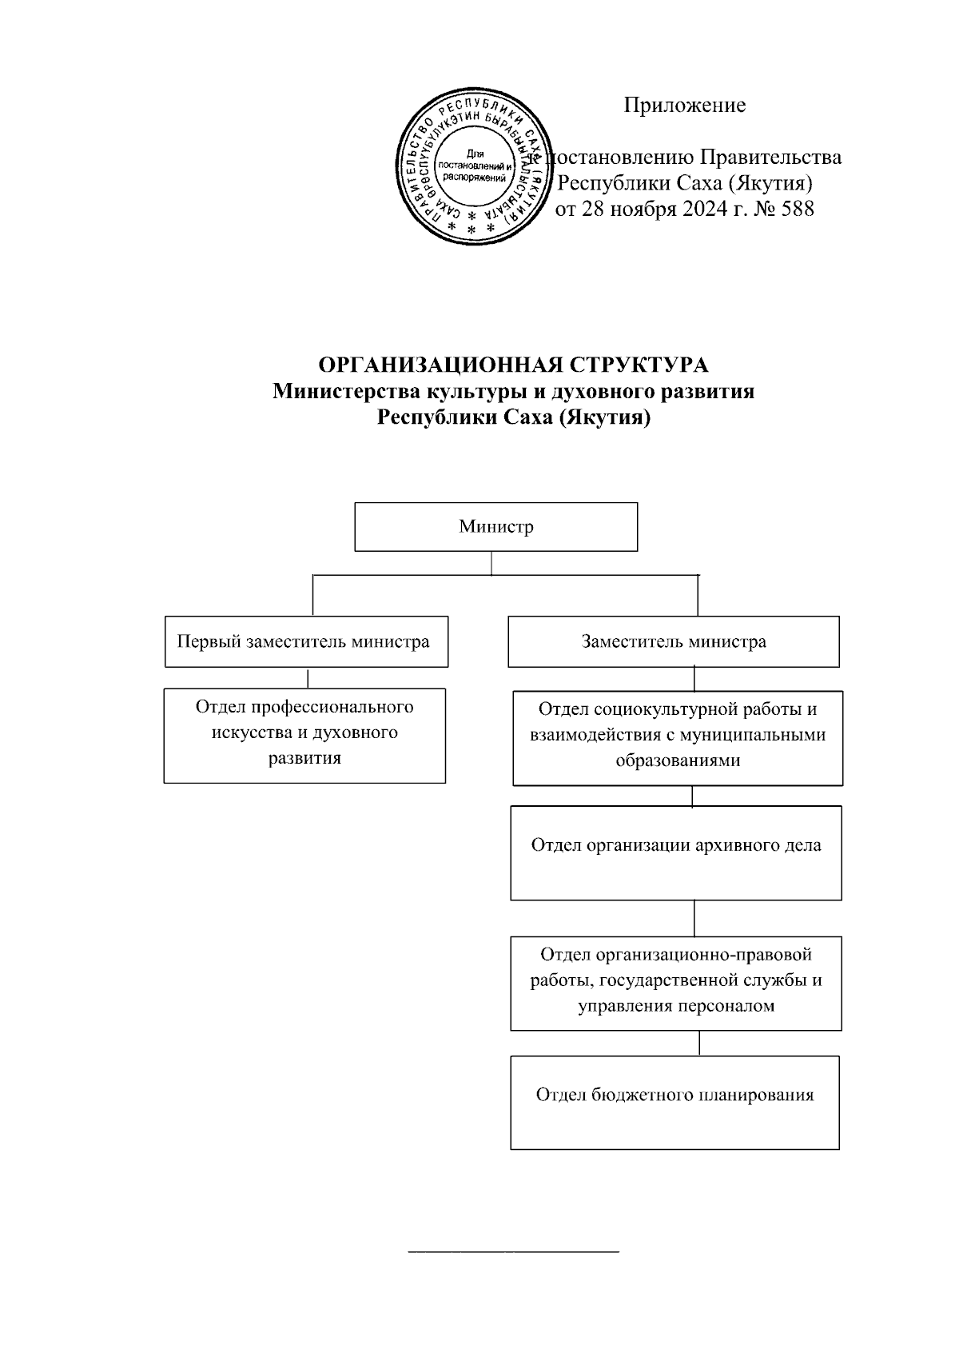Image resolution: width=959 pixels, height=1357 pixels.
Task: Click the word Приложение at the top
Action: [x=684, y=105]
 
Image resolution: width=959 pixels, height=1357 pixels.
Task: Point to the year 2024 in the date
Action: [x=706, y=210]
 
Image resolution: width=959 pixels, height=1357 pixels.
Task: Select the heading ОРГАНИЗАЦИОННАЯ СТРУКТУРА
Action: [x=513, y=365]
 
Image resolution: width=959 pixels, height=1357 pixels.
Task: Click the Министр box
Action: [x=495, y=527]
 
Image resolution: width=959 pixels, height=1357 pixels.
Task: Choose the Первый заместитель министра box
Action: [x=306, y=641]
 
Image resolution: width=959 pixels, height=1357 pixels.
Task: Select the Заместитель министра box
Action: [x=673, y=641]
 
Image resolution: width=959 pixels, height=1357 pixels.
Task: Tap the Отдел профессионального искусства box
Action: [x=304, y=735]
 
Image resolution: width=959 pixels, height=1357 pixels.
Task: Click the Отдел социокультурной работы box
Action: [x=677, y=736]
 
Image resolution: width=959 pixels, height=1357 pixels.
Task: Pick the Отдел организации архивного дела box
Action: [x=675, y=852]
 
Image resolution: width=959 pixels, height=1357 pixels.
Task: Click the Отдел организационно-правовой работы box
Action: [x=675, y=982]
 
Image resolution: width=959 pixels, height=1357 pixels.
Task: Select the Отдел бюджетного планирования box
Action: [x=674, y=1102]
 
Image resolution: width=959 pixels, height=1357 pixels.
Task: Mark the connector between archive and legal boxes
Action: [x=694, y=918]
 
